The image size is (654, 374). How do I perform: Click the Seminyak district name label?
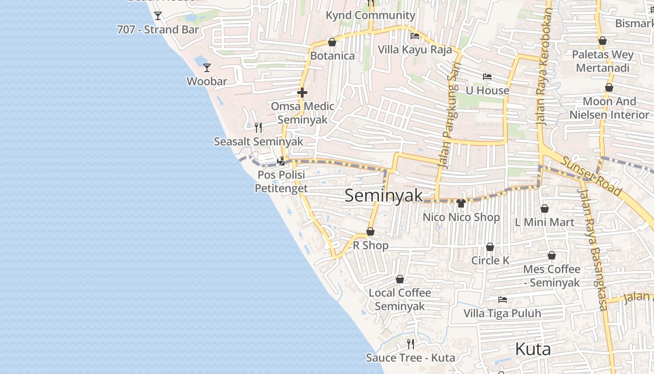pyautogui.click(x=384, y=196)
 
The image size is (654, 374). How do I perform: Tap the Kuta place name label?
pyautogui.click(x=533, y=349)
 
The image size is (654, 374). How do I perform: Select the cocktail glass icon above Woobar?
pyautogui.click(x=207, y=68)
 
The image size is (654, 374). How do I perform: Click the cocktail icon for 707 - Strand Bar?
pyautogui.click(x=158, y=16)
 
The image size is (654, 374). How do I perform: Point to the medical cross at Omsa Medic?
pyautogui.click(x=302, y=93)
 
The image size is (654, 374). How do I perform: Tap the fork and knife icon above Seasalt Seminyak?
pyautogui.click(x=258, y=127)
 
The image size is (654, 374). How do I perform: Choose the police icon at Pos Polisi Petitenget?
pyautogui.click(x=281, y=161)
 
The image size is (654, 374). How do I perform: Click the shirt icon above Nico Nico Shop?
pyautogui.click(x=461, y=203)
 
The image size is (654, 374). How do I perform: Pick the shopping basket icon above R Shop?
pyautogui.click(x=370, y=231)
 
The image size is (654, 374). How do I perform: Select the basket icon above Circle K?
pyautogui.click(x=490, y=247)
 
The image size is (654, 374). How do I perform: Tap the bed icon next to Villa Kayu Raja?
pyautogui.click(x=414, y=36)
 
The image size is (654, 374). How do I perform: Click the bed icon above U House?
pyautogui.click(x=487, y=77)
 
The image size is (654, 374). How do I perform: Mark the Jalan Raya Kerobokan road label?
pyautogui.click(x=544, y=65)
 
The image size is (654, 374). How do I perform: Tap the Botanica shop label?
pyautogui.click(x=332, y=56)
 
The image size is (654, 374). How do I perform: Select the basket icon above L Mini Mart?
pyautogui.click(x=544, y=209)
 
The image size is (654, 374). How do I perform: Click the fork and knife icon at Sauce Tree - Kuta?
pyautogui.click(x=411, y=344)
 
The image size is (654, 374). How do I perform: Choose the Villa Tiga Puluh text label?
pyautogui.click(x=502, y=313)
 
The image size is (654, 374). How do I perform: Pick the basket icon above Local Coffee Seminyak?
pyautogui.click(x=400, y=280)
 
